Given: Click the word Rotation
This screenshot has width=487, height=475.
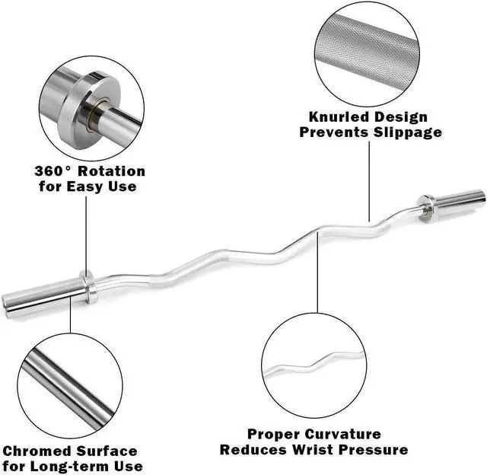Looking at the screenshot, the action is coord(114,171).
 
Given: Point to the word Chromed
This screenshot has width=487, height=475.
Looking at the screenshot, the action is coord(38,451).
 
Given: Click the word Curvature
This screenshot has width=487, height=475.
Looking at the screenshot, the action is coord(343,434).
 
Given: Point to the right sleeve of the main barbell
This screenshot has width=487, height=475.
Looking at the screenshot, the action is coord(460,199).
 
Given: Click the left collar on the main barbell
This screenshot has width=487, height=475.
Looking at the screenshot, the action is coord(89,284).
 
